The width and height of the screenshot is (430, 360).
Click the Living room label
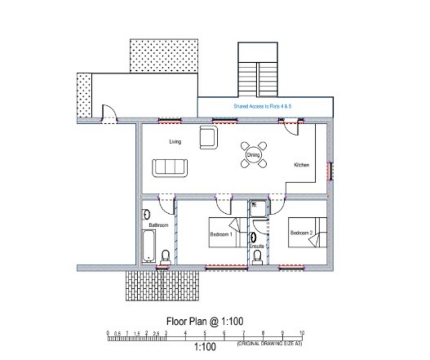[x=175, y=142]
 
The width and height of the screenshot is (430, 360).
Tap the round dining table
[x=253, y=155]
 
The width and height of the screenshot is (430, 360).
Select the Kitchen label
[x=301, y=165]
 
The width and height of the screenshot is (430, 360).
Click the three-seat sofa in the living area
[x=169, y=167]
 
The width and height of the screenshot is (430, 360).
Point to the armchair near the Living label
[x=208, y=137]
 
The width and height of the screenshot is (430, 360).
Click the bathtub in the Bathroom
[x=148, y=246]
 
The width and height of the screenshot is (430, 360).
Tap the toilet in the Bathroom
[x=165, y=257]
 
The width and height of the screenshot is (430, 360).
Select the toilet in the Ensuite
[x=257, y=257]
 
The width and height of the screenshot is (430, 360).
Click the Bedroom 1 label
[x=221, y=234]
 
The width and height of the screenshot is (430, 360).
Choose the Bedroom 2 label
[x=301, y=233]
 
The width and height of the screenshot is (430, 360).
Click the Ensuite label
[x=257, y=246]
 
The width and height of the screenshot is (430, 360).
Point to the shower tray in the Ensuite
[x=258, y=208]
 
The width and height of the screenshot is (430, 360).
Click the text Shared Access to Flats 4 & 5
[x=263, y=106]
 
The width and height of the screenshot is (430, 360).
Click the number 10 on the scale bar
[x=302, y=332]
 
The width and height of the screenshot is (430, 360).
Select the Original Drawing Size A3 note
[x=269, y=344]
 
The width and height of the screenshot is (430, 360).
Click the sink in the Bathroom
[x=146, y=214]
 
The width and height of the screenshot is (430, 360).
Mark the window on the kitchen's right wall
[x=330, y=171]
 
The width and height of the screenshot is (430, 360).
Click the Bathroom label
[x=158, y=225]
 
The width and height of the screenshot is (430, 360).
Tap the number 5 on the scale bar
[x=205, y=333]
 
